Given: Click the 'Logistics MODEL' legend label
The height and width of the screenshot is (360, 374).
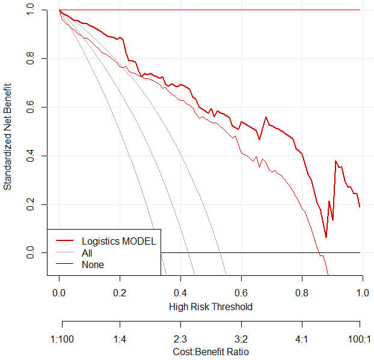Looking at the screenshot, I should [118, 242].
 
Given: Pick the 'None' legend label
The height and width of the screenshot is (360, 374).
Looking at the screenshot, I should [93, 264].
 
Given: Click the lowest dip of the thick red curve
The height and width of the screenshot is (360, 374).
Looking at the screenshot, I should [326, 237].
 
